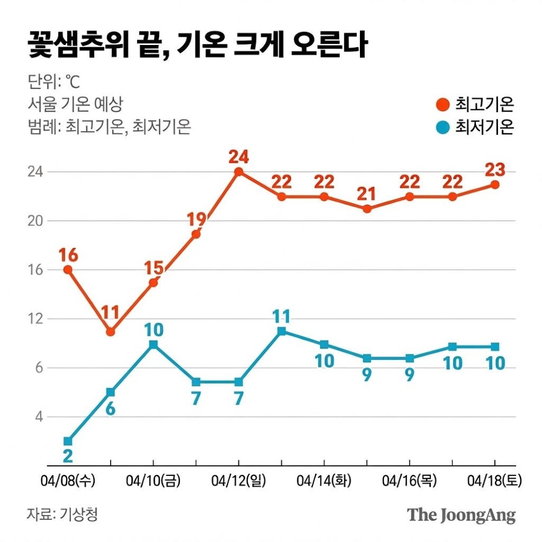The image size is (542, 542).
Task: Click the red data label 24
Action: click(238, 157)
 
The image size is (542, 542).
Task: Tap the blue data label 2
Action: click(68, 456)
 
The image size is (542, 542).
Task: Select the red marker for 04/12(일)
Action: click(238, 172)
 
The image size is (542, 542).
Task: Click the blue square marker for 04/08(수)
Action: click(68, 441)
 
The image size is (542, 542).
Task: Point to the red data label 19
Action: click(196, 220)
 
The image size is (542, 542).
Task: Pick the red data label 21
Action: click(367, 193)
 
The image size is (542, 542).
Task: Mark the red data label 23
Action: click(494, 170)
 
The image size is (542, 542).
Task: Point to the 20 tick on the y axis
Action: click(34, 221)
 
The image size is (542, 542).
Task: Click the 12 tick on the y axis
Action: click(34, 319)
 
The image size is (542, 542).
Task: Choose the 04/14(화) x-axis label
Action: click(324, 480)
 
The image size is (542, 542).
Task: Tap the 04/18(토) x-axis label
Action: click(494, 480)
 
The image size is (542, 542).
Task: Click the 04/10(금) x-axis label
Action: click(153, 480)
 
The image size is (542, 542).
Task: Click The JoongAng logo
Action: click(461, 514)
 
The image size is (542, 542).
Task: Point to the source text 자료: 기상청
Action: click(62, 514)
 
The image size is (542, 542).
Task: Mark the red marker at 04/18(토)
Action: click(494, 185)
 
